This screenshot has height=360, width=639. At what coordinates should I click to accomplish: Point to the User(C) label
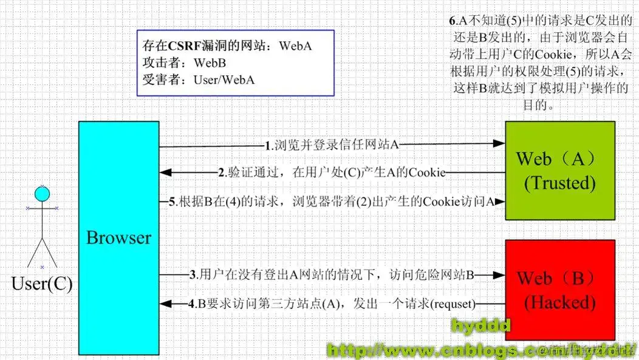coord(42,284)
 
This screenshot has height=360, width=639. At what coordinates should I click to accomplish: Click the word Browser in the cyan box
coord(118,237)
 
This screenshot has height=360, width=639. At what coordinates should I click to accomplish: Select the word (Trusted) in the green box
coord(560,183)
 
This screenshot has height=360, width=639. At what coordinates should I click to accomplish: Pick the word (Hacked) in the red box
coord(560,302)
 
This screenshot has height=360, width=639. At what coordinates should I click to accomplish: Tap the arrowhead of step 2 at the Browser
coord(165,173)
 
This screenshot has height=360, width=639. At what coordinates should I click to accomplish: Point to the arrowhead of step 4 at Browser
coord(165,304)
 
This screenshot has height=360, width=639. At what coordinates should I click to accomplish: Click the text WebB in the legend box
coord(210,63)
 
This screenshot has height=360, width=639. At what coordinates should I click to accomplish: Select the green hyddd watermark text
coord(479,327)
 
